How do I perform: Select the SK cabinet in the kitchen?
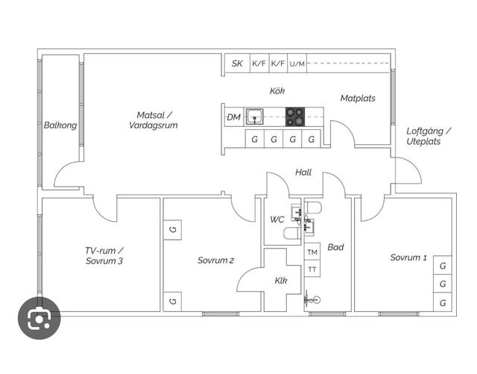pos(237,64)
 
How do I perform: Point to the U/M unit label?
pos(297,64)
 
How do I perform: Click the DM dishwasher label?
pos(233,117)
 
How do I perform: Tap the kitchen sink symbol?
pos(255,116)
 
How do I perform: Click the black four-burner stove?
pos(295,116)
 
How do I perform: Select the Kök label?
pos(277,91)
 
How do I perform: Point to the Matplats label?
pos(358,99)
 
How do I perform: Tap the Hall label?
pos(303,172)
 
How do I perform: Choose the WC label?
pos(277,219)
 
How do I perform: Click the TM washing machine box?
pos(312,252)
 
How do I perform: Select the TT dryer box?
pos(312,269)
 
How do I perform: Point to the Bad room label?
pos(335,247)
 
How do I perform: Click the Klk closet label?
pos(280,281)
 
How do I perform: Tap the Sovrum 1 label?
pos(408,258)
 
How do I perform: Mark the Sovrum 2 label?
pos(215,261)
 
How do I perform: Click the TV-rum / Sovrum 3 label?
pos(104,256)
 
